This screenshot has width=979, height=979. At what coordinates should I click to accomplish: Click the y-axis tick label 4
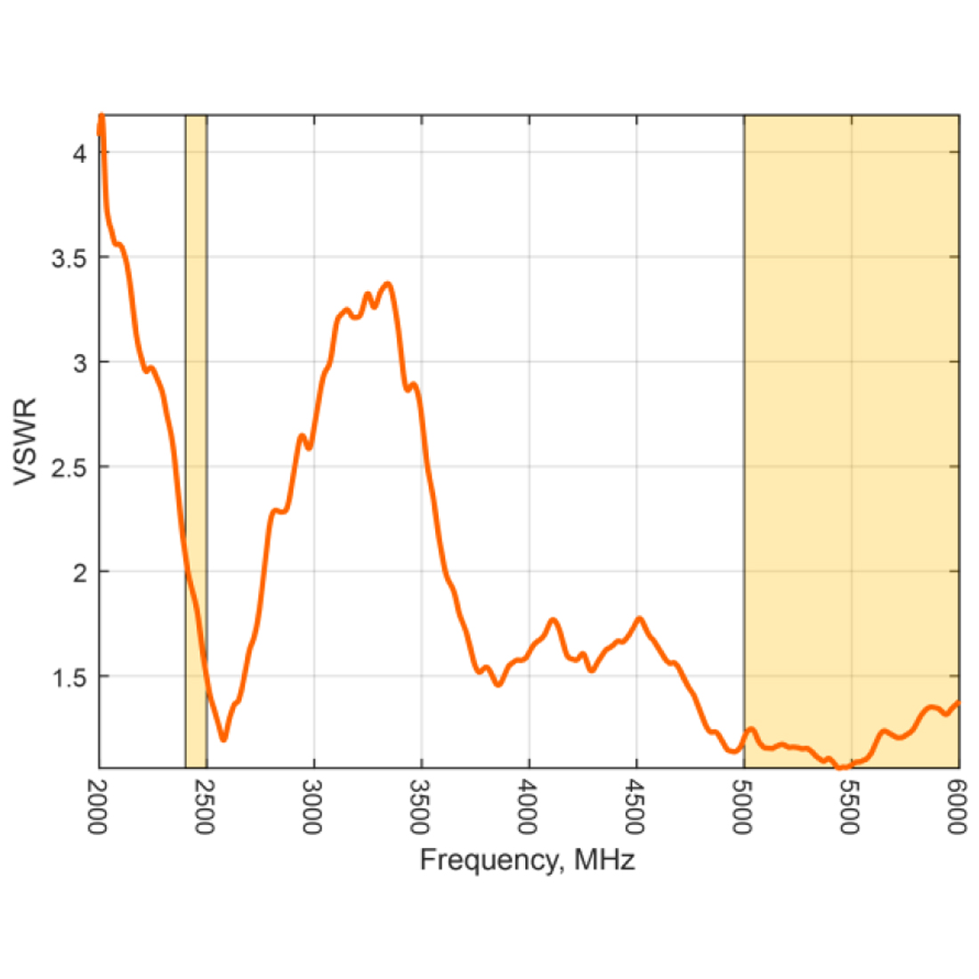80,154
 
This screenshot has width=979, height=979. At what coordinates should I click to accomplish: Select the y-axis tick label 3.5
69,258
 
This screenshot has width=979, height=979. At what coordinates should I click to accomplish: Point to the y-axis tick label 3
80,363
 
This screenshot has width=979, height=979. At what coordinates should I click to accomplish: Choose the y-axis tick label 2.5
69,467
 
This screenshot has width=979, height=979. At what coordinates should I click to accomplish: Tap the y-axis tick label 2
80,572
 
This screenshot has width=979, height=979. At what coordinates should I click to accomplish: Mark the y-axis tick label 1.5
69,677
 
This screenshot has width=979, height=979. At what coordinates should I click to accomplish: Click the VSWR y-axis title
26,441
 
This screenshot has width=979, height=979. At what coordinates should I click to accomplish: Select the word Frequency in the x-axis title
489,861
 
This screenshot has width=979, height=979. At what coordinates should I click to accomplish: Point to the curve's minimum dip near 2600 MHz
223,738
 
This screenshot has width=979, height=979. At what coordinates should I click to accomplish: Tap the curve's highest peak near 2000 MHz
101,117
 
